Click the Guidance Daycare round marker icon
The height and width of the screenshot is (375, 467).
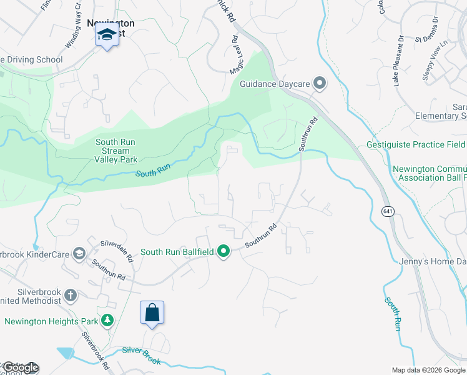pyautogui.click(x=320, y=83)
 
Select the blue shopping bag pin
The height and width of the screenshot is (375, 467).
pyautogui.click(x=152, y=312)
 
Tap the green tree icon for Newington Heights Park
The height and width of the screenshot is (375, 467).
pyautogui.click(x=108, y=321)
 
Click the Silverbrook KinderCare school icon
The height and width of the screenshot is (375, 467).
pyautogui.click(x=79, y=253)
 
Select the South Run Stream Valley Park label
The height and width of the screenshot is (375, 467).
pyautogui.click(x=116, y=151)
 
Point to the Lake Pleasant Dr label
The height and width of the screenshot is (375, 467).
pyautogui.click(x=398, y=61)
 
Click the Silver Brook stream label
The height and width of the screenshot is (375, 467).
pyautogui.click(x=142, y=356)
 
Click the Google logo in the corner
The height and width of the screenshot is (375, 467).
pyautogui.click(x=21, y=367)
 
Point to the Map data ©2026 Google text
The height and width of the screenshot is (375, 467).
pyautogui.click(x=428, y=370)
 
